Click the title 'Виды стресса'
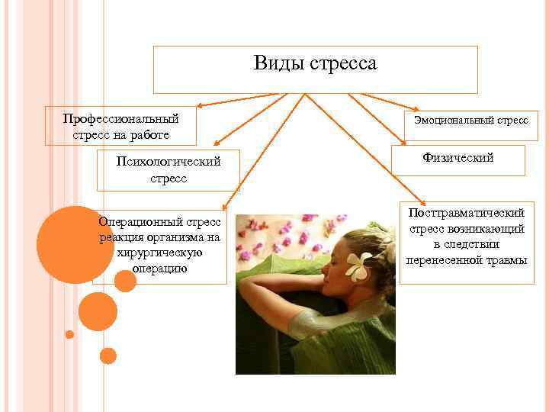click(315, 63)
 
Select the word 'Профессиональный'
click(121, 119)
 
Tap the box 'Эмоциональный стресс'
click(470, 121)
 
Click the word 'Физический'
click(457, 158)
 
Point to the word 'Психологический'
click(169, 162)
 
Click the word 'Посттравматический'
click(467, 214)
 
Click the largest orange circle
click(75, 244)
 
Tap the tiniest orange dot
click(69, 334)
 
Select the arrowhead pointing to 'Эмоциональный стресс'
click(412, 108)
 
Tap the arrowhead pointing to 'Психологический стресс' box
click(216, 143)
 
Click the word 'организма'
click(174, 237)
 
